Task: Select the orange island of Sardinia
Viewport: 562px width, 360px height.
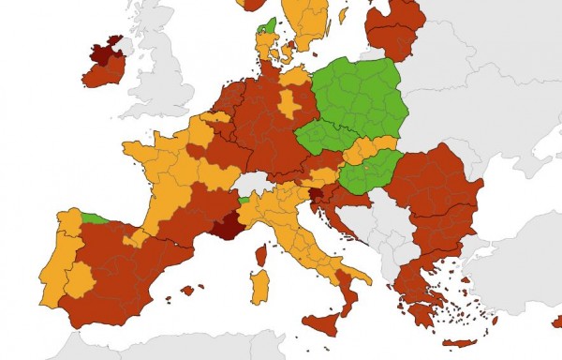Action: click(x=259, y=287)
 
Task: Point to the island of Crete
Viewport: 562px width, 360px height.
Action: click(x=459, y=342)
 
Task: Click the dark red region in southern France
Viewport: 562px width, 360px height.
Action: click(x=227, y=226)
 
